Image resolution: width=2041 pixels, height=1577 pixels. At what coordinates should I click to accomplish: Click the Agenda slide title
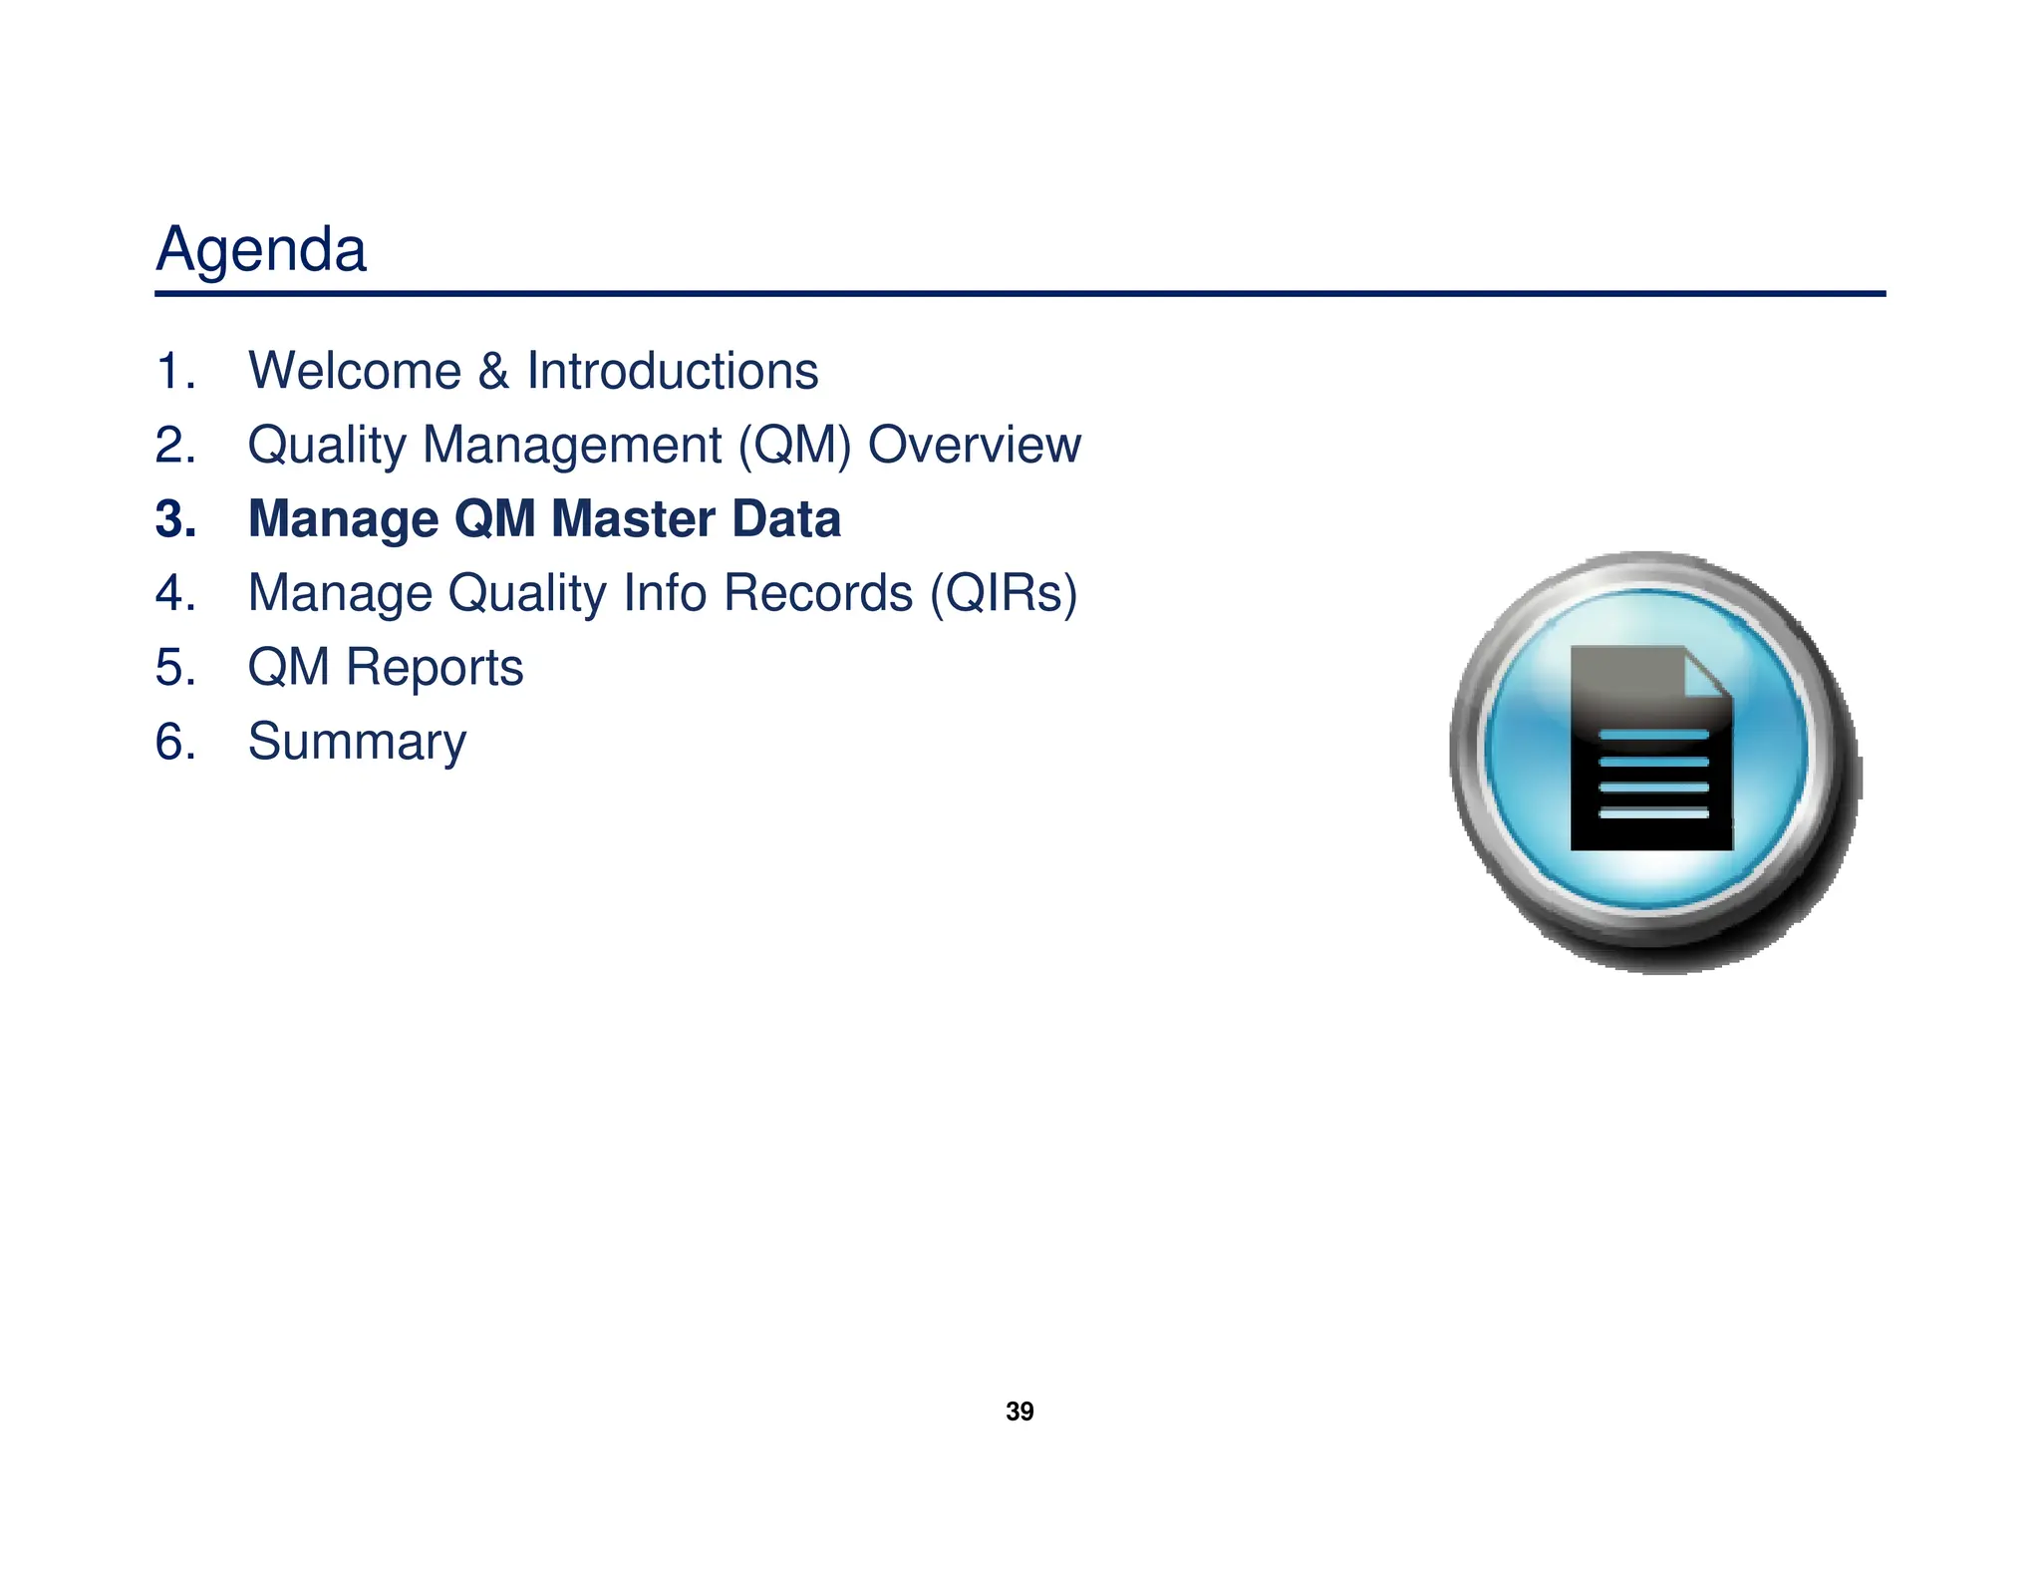[x=261, y=249]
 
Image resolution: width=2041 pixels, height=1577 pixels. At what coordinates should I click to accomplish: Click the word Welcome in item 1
[x=354, y=371]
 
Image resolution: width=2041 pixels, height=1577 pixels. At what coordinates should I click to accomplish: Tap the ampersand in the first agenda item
[x=493, y=371]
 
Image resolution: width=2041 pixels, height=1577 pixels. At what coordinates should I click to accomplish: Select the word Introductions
[x=672, y=371]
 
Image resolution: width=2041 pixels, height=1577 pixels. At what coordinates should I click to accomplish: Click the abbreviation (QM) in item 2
[x=794, y=445]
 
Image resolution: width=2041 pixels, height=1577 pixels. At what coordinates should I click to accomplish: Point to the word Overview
[x=974, y=445]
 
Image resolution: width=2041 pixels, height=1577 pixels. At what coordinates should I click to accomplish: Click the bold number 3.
[x=175, y=519]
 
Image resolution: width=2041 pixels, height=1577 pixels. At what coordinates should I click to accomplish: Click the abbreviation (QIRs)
[x=1003, y=593]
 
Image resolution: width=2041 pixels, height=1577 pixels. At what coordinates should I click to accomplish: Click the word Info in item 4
[x=665, y=593]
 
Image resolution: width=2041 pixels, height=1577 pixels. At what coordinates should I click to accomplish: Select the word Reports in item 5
[x=434, y=668]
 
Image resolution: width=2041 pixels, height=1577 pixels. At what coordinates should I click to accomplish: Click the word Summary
[x=357, y=743]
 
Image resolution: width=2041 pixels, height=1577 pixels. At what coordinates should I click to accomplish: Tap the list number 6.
[x=175, y=743]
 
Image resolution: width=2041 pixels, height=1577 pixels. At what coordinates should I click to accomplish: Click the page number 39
[x=1020, y=1412]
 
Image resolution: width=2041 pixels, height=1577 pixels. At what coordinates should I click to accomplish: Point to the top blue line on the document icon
[x=1652, y=735]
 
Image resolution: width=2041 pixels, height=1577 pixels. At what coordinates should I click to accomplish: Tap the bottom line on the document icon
[x=1652, y=813]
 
